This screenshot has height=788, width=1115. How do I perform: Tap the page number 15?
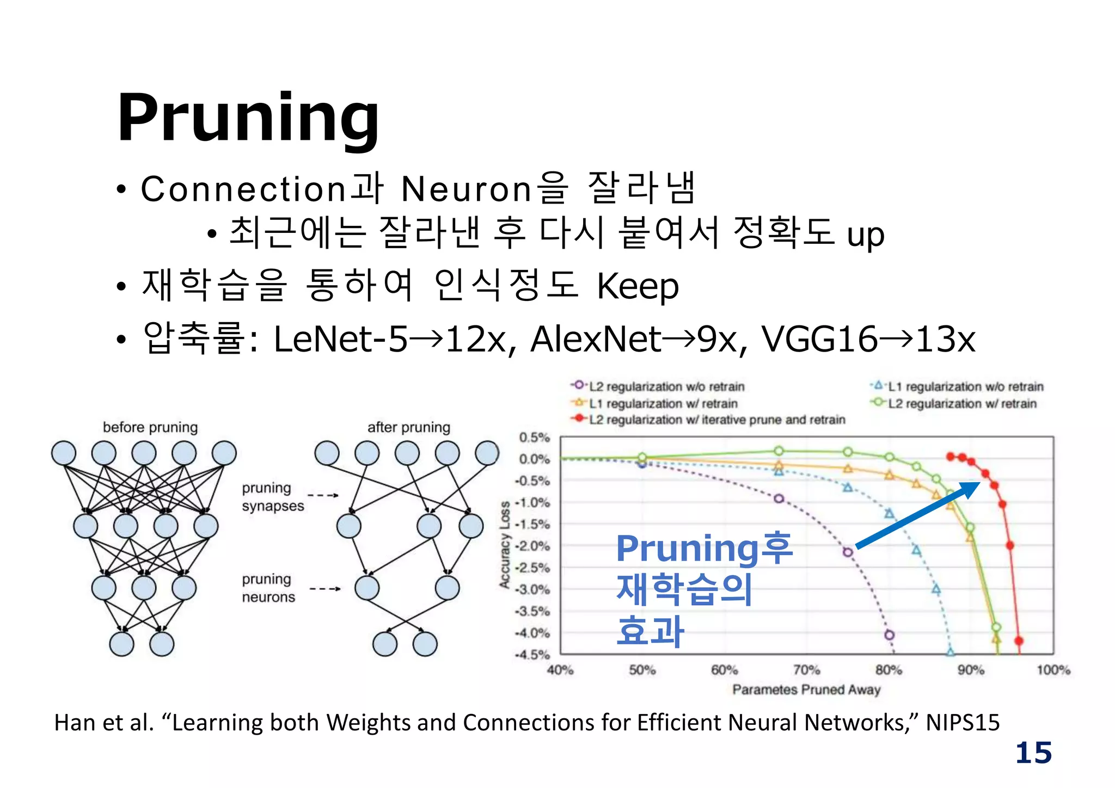point(1033,753)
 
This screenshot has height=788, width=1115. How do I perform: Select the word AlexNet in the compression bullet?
point(596,339)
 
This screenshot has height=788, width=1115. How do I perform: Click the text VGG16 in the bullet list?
point(819,339)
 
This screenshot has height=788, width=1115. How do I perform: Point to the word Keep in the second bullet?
point(638,286)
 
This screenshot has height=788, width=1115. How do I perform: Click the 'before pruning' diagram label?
point(150,427)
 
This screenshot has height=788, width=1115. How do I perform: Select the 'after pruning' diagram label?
point(408,427)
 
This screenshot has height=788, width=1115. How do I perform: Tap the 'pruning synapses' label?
point(272,497)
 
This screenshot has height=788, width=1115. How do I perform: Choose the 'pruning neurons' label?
point(268,588)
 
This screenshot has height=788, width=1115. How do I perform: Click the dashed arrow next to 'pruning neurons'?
point(324,589)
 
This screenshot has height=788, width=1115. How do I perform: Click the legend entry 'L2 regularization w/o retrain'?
point(666,386)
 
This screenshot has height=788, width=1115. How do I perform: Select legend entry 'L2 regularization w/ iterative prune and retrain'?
point(716,420)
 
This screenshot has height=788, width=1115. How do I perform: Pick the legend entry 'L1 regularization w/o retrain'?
point(965,386)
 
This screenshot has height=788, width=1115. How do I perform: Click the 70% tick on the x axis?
point(806,670)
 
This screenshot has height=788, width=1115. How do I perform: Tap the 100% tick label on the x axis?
point(1053,670)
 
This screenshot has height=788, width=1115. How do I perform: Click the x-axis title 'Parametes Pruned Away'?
point(806,690)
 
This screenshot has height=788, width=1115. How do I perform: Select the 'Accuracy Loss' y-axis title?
point(505,544)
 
